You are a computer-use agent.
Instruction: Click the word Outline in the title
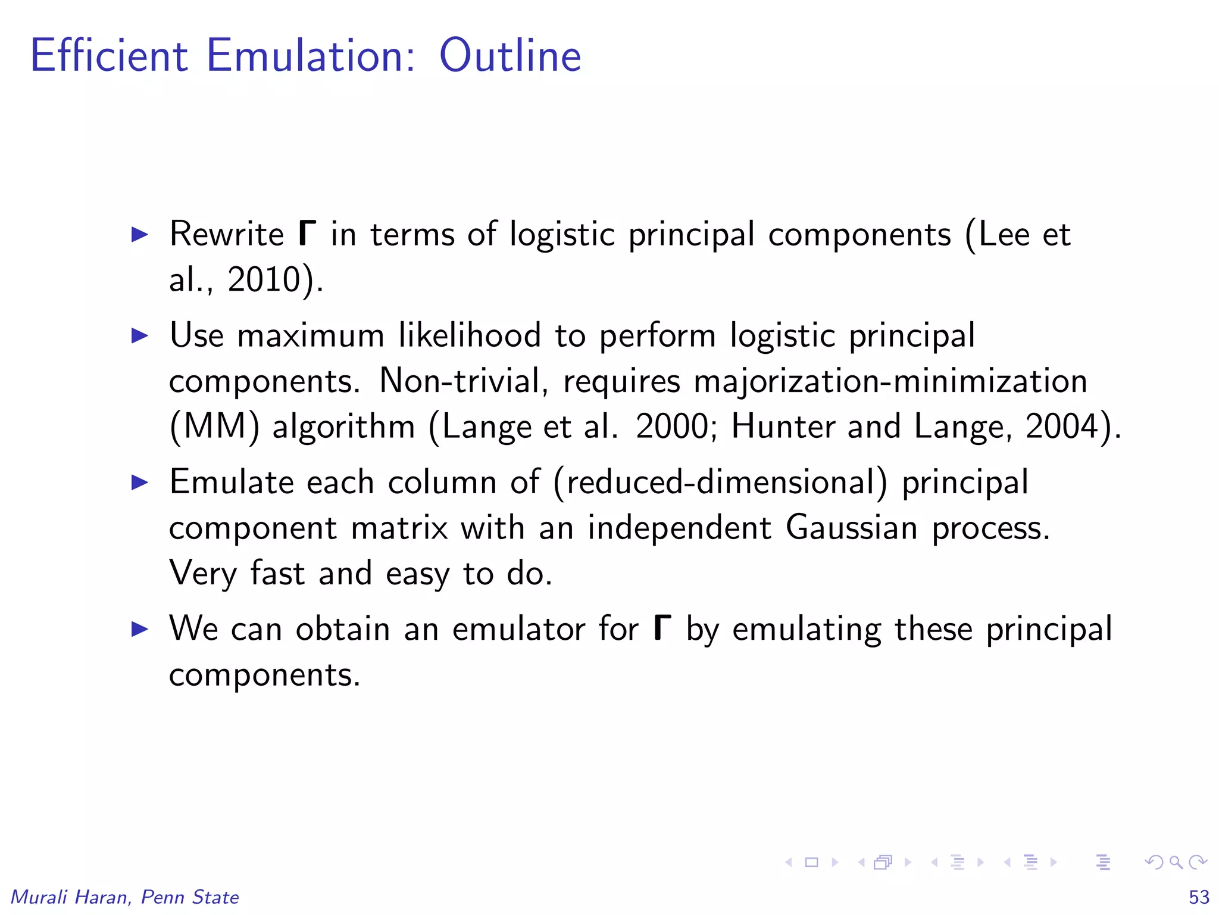coord(510,55)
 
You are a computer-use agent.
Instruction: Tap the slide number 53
coord(1199,897)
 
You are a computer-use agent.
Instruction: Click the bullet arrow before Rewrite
coord(139,234)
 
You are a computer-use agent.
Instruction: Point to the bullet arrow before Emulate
coord(139,482)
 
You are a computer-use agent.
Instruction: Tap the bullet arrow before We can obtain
coord(139,628)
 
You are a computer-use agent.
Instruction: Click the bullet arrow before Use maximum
coord(139,335)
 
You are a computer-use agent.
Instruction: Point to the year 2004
coord(1062,427)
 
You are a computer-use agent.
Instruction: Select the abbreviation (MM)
coord(215,427)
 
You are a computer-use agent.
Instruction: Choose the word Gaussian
coord(851,528)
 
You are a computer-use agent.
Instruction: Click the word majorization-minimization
coord(890,381)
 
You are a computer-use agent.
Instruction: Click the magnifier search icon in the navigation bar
coord(1176,862)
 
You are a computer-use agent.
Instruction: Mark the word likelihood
coord(470,335)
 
